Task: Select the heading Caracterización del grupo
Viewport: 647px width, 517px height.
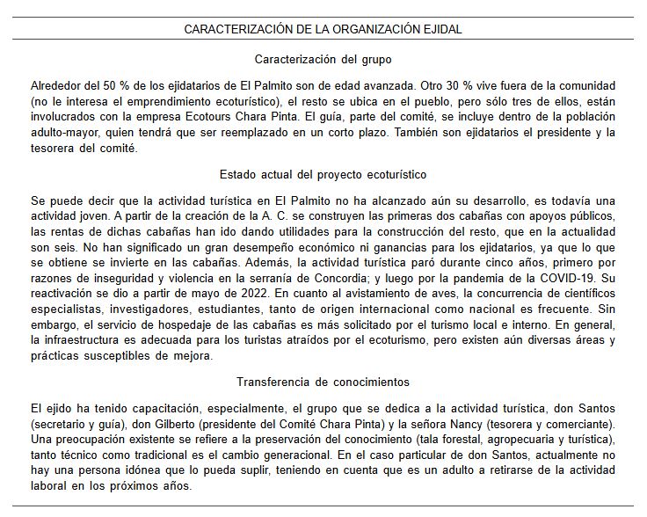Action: point(323,61)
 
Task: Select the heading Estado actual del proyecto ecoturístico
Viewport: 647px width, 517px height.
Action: point(323,174)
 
